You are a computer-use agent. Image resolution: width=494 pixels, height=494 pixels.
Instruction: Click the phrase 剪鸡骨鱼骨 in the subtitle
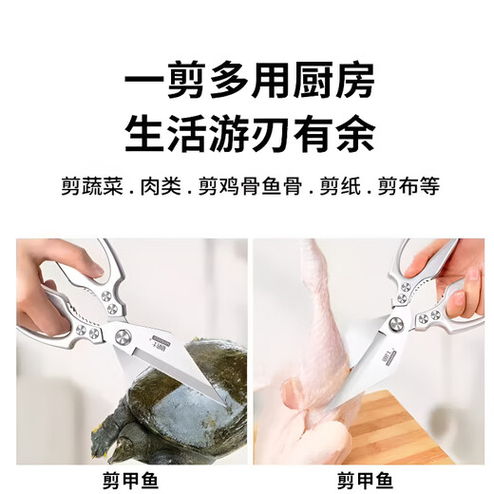click(x=249, y=185)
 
